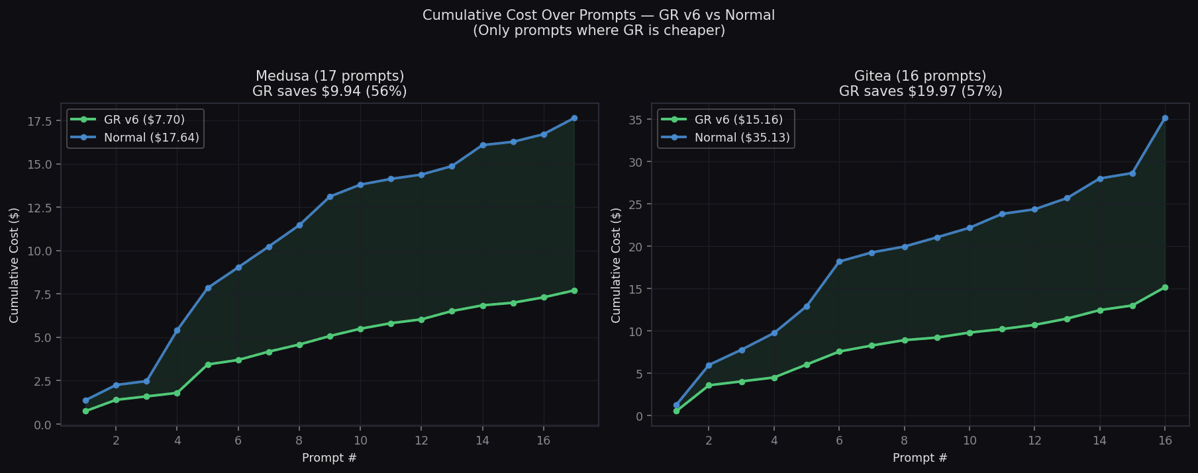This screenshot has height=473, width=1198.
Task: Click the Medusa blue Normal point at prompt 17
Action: (x=574, y=118)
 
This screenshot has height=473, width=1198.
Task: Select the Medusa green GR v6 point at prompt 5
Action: (x=208, y=365)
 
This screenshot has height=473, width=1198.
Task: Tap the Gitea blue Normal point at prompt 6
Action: (x=839, y=261)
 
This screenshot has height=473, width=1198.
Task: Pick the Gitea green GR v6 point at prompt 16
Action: (x=1165, y=287)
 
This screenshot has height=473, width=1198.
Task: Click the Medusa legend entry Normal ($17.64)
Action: (x=151, y=138)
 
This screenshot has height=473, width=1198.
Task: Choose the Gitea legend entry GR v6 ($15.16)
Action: (x=738, y=120)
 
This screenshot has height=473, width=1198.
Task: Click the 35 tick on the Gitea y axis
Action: (x=636, y=120)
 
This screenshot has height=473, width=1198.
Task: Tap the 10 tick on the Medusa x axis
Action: (x=360, y=441)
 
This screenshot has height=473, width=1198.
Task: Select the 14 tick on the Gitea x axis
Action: (x=1099, y=441)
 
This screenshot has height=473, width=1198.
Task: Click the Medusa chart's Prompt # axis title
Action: (x=329, y=458)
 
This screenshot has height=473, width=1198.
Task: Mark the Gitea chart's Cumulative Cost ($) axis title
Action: (x=617, y=265)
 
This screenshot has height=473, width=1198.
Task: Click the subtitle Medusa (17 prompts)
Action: (x=330, y=76)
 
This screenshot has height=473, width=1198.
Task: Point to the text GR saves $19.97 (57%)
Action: (x=921, y=91)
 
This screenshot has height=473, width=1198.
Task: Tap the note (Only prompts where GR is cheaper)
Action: (x=599, y=30)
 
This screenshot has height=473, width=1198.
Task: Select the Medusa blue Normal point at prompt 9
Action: (x=330, y=196)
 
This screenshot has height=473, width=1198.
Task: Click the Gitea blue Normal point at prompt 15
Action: (x=1132, y=173)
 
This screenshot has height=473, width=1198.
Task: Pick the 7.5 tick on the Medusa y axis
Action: (x=43, y=294)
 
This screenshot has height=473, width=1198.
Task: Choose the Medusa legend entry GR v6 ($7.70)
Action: (x=144, y=120)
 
